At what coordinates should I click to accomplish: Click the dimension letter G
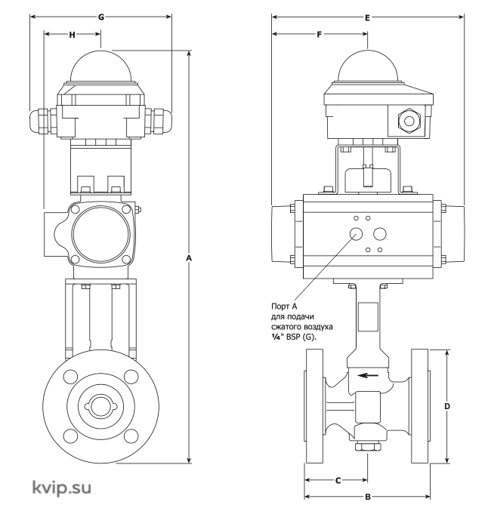tap(101, 17)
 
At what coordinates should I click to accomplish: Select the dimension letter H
tap(73, 35)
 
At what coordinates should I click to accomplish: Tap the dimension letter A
tap(189, 258)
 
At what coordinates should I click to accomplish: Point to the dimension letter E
tap(367, 18)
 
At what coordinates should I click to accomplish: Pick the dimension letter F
tap(319, 35)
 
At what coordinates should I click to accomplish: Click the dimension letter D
tap(446, 406)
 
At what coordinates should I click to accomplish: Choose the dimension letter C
tap(338, 481)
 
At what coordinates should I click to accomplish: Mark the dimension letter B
tap(368, 497)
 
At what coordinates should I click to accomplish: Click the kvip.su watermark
tap(61, 487)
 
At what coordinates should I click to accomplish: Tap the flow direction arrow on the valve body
tap(368, 375)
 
